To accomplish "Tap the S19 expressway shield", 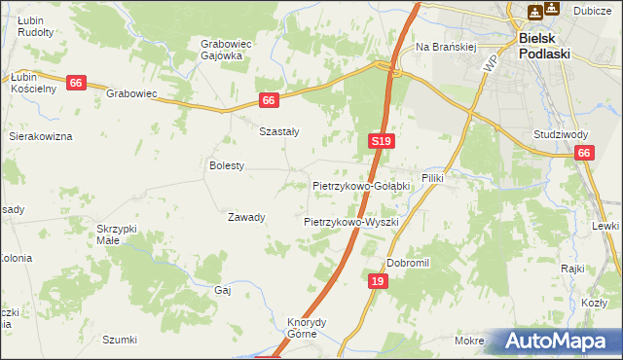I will [382, 142].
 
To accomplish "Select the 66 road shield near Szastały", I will [271, 100].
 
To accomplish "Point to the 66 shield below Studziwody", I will [584, 153].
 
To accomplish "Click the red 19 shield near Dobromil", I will [378, 281].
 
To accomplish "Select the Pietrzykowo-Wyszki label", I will [351, 222].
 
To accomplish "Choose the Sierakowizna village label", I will [41, 137].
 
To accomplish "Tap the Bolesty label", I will [227, 166].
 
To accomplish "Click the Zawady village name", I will [246, 217].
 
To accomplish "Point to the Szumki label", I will [120, 340].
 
